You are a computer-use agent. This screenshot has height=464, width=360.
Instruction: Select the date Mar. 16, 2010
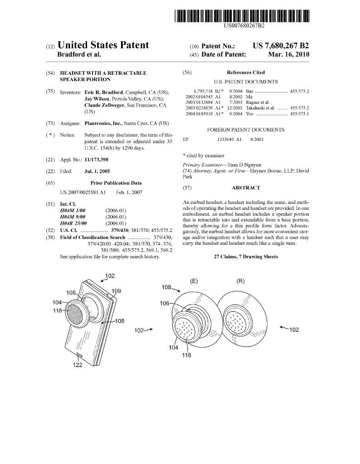pyautogui.click(x=288, y=54)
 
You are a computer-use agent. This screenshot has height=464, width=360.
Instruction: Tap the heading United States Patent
pyautogui.click(x=103, y=45)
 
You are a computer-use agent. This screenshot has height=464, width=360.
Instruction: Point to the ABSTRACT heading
pyautogui.click(x=246, y=188)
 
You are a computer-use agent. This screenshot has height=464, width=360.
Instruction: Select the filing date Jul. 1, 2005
pyautogui.click(x=97, y=171)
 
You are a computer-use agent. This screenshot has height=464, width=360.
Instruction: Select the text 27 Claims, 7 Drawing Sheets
pyautogui.click(x=246, y=257)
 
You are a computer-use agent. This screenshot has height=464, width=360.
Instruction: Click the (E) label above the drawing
pyautogui.click(x=194, y=281)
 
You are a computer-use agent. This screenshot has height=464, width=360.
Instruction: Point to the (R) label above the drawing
pyautogui.click(x=240, y=281)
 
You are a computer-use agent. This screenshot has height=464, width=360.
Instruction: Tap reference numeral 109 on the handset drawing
pyautogui.click(x=116, y=291)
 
